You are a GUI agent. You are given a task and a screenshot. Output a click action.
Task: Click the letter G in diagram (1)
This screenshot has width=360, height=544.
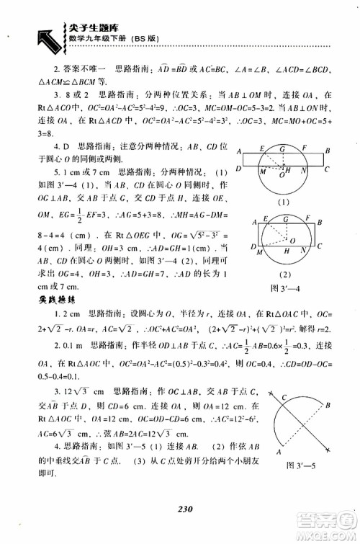point(282,148)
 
